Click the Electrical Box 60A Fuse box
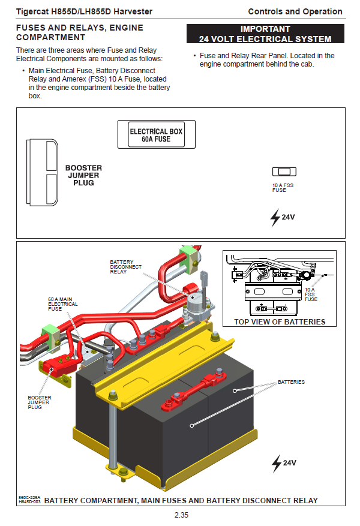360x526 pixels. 156,135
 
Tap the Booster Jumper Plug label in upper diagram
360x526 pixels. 83,175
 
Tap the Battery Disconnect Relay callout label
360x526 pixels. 126,267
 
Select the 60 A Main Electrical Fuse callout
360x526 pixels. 62,304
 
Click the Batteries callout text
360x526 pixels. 291,382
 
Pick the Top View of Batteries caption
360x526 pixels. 280,322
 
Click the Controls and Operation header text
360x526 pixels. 295,11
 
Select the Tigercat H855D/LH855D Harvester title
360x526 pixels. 84,11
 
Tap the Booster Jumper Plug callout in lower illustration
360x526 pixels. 40,402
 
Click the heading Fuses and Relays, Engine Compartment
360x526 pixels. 79,32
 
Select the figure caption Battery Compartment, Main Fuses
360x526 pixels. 181,500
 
